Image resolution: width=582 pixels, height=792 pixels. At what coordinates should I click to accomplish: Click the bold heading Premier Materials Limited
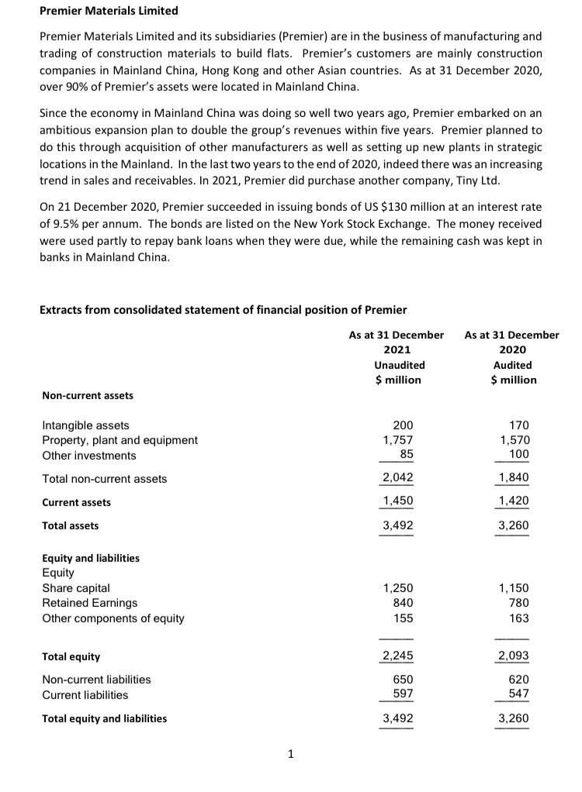tap(109, 11)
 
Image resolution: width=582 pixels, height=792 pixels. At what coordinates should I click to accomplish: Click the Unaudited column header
tap(399, 364)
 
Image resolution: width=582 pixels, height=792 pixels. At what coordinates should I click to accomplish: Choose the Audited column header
tap(512, 364)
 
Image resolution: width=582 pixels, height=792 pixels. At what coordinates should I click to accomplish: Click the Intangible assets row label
tap(85, 425)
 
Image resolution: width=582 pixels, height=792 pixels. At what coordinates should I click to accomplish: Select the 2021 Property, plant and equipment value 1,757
tap(399, 439)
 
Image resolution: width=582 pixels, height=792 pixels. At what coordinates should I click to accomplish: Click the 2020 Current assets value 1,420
tap(513, 501)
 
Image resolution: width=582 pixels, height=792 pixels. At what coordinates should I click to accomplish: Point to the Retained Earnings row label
tap(89, 602)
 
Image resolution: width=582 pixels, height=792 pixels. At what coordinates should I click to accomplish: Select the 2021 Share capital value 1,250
tap(399, 587)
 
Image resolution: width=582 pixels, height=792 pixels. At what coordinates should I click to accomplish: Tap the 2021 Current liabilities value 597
tap(403, 694)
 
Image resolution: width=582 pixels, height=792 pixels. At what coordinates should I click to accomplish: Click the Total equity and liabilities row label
tap(104, 718)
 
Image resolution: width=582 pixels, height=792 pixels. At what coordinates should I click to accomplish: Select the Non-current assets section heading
tap(87, 395)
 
